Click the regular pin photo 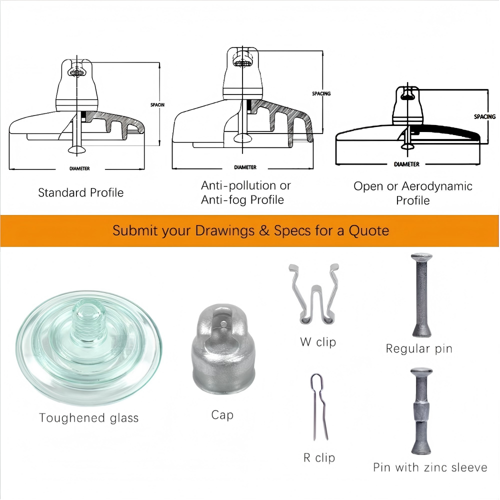tap(421, 295)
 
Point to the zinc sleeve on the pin tap(421, 411)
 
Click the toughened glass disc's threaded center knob tap(89, 323)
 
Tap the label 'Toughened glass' tap(88, 417)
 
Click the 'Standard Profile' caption tap(80, 192)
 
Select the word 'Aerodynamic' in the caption tap(437, 186)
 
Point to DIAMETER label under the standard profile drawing tap(79, 168)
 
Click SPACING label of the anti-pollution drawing tap(321, 93)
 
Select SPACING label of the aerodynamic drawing tap(484, 116)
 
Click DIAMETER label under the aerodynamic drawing tap(406, 164)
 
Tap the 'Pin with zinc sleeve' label tap(430, 467)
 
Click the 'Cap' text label tap(222, 415)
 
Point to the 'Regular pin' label tap(419, 349)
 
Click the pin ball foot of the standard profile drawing tap(76, 149)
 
